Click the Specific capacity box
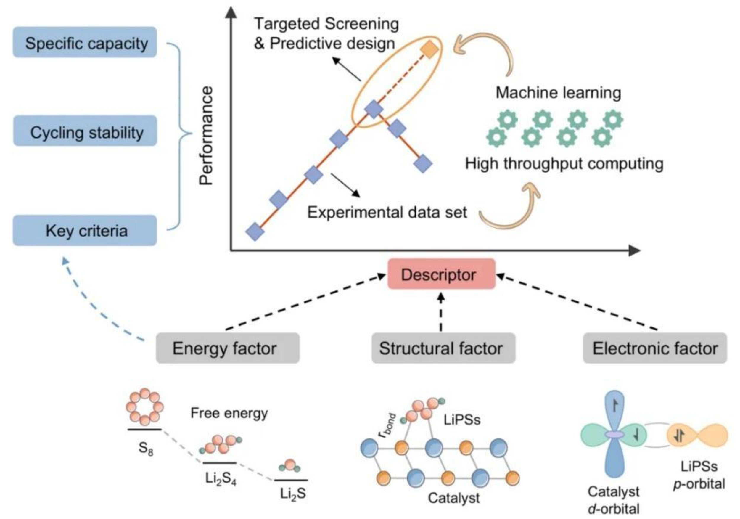pos(85,42)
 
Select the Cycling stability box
pos(85,131)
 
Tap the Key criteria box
pos(85,231)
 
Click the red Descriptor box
pos(441,274)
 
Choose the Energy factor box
pos(228,348)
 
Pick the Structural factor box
pos(443,348)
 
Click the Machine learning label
pos(558,92)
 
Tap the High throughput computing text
pos(564,163)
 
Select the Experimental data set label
pos(387,212)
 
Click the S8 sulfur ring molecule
pos(145,407)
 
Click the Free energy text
pos(229,413)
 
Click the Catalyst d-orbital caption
pos(613,500)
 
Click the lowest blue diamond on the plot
pos(255,232)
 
